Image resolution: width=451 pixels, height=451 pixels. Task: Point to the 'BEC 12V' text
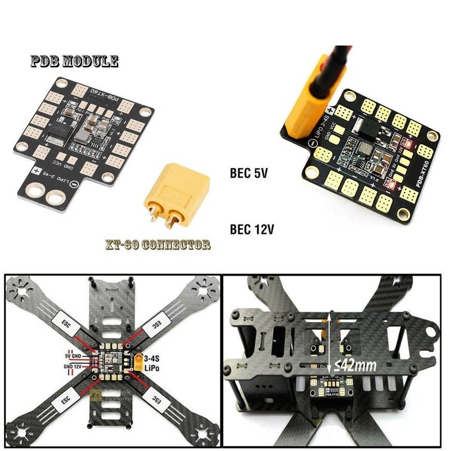click(x=252, y=229)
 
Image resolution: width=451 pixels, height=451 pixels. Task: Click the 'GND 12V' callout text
click(x=73, y=365)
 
